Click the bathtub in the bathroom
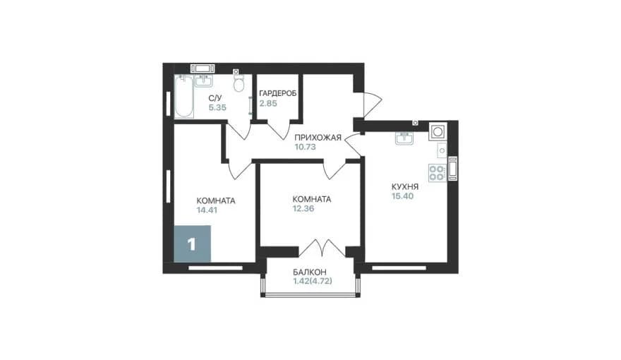[184, 96]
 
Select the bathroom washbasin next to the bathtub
[203, 80]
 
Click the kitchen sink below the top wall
[404, 138]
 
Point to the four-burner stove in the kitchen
[438, 173]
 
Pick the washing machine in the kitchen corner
[438, 131]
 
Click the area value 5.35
[217, 107]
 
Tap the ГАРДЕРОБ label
[278, 93]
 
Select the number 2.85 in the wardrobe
[268, 104]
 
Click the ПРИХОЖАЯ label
[318, 138]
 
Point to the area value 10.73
[305, 147]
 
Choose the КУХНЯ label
[405, 187]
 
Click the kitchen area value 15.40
[402, 196]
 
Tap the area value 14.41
[207, 210]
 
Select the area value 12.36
[303, 209]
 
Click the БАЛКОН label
[310, 272]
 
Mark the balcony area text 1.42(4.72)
[313, 281]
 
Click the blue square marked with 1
[192, 244]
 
